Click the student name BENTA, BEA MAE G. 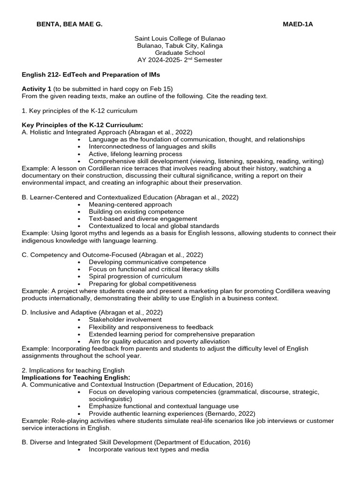pos(69,24)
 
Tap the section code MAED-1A pos(298,24)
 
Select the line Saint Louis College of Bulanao pos(180,39)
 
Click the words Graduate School pos(180,53)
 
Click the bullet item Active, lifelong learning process pos(135,154)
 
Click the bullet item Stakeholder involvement pos(125,320)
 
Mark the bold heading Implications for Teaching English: pos(76,377)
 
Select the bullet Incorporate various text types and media pos(148,450)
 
